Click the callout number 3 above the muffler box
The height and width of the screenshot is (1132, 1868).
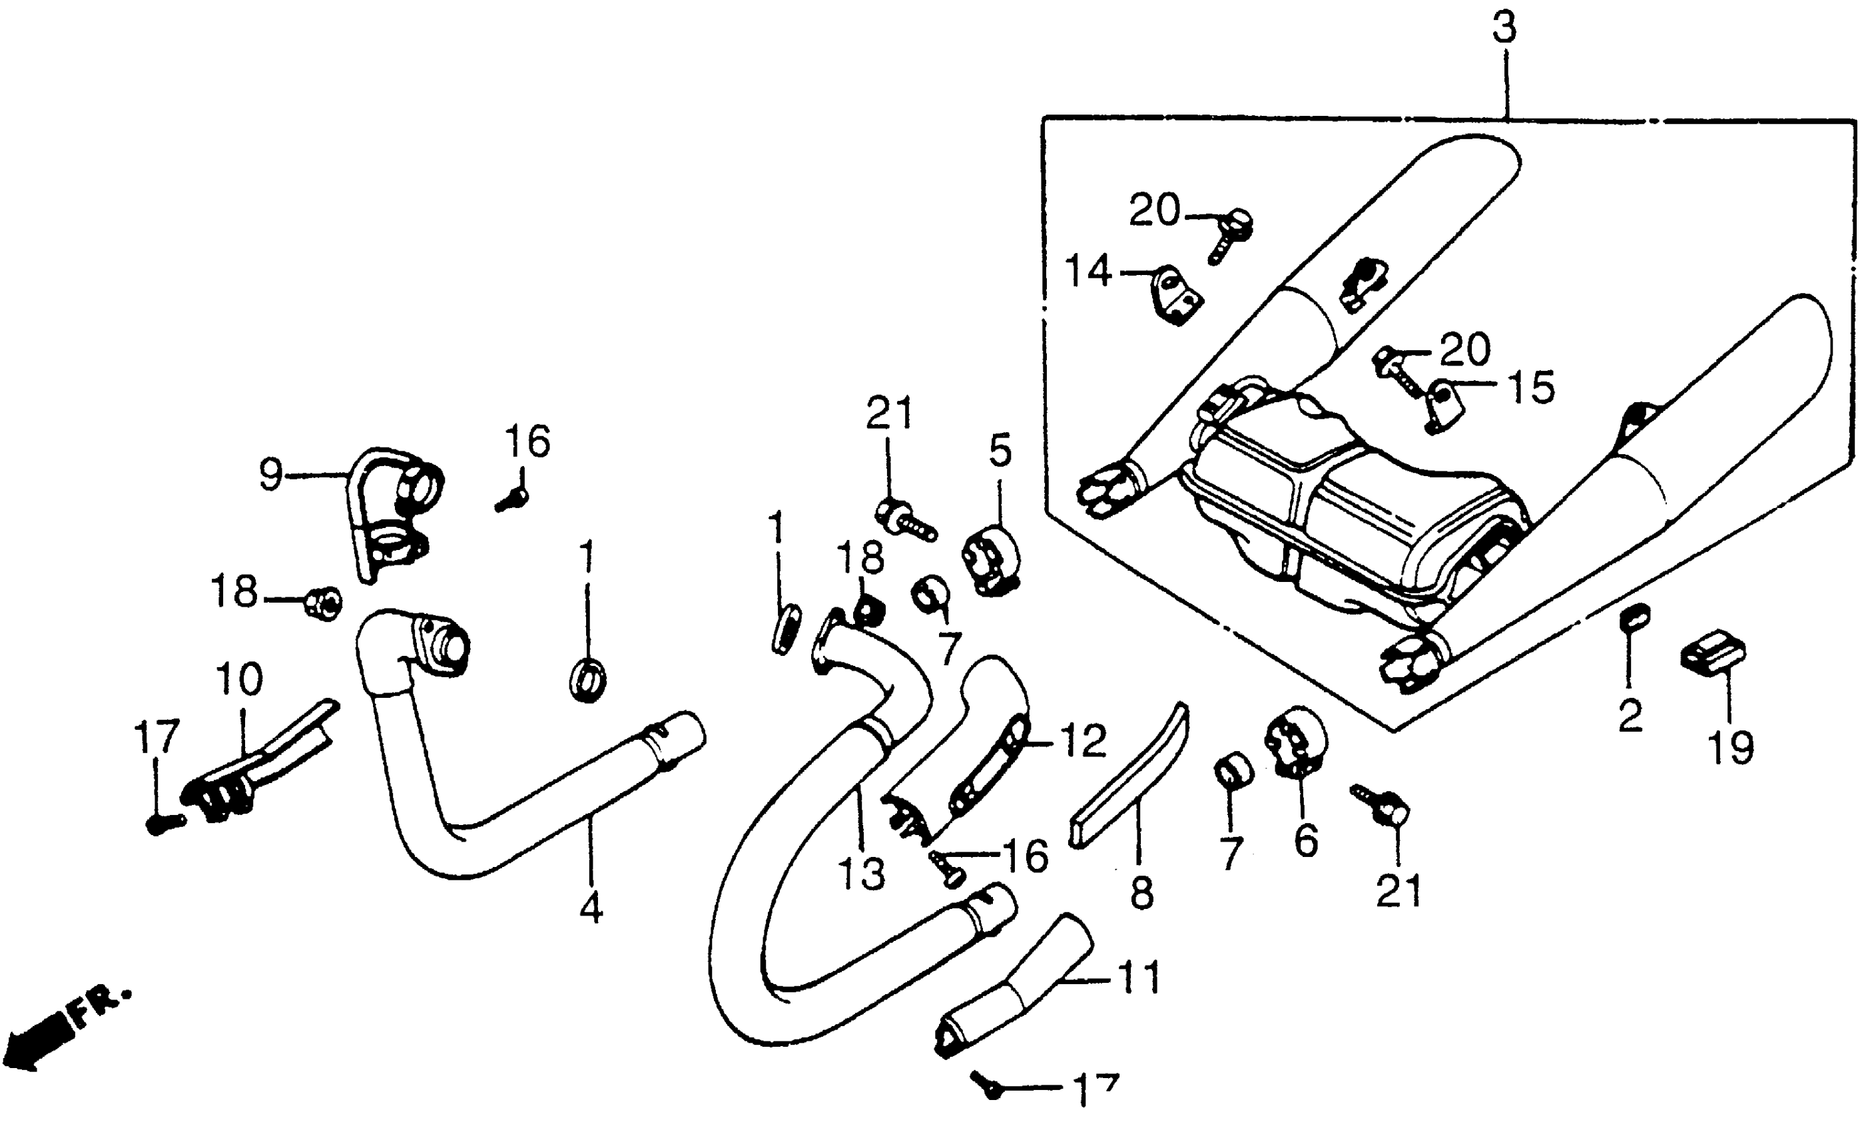1504,29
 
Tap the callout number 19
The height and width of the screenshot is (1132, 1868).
1731,748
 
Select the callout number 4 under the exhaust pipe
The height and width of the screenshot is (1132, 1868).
591,907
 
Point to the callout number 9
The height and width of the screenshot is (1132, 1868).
270,475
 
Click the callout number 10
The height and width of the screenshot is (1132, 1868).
240,679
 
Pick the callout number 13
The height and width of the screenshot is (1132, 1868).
862,874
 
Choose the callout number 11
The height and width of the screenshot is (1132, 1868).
1138,978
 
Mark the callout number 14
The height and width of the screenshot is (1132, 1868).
1088,270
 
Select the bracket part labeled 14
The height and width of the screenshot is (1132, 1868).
1177,296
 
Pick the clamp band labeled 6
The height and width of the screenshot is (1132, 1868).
1294,742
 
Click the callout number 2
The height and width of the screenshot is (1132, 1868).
1630,716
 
